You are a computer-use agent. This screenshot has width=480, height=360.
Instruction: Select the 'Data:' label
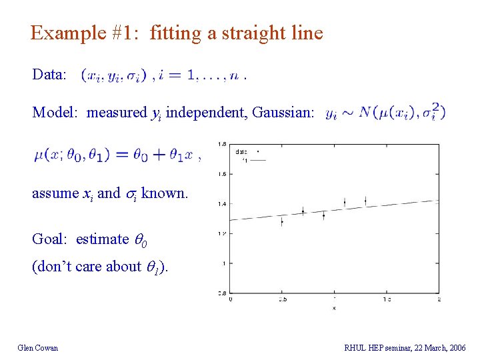click(49, 74)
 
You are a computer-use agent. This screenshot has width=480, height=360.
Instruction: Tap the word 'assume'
click(55, 193)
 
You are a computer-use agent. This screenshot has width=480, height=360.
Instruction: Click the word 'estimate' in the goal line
click(102, 239)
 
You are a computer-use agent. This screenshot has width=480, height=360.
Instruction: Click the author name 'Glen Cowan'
click(38, 347)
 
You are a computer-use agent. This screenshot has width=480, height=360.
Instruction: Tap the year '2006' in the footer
click(457, 347)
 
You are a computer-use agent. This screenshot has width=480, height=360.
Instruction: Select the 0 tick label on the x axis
click(231, 300)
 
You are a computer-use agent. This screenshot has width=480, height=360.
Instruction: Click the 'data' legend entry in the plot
click(242, 151)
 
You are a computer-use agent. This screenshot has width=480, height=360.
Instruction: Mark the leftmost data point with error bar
click(282, 221)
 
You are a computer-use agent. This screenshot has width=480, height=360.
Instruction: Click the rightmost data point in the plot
click(365, 200)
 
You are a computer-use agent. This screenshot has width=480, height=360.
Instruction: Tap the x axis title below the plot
click(334, 308)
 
